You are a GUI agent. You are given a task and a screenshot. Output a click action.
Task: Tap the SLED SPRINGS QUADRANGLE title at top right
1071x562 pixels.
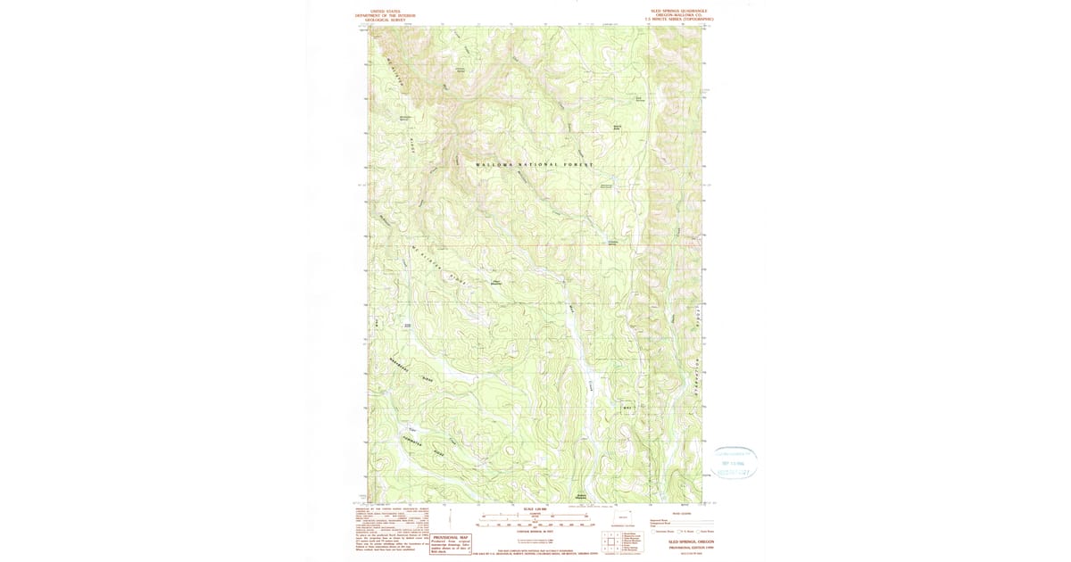685,12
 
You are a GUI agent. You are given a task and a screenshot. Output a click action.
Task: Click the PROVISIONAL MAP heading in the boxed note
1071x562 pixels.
451,537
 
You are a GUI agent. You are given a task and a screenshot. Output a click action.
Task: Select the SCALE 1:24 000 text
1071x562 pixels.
535,508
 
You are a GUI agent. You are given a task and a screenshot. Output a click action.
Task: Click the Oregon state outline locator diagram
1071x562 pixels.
623,518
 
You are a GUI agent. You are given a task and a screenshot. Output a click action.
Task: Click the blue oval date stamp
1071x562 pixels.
735,463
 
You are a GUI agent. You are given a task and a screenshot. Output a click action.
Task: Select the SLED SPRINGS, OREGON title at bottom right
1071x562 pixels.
691,541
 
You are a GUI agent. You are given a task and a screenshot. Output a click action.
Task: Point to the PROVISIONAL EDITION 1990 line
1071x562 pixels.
691,548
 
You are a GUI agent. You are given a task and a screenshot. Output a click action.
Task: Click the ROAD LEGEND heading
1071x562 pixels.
682,513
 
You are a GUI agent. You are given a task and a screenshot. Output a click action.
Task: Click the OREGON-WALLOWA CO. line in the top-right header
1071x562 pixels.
685,15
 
